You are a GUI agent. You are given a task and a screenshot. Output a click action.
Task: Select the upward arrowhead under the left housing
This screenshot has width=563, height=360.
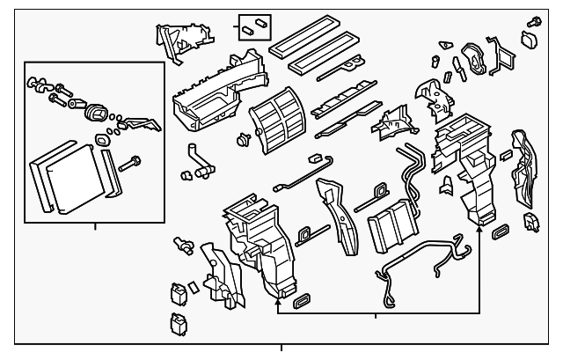[x=278, y=303]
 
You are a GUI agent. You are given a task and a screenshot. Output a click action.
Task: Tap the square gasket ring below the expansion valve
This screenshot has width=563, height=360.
[x=104, y=139]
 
